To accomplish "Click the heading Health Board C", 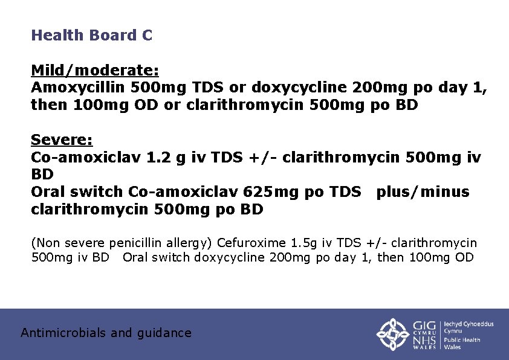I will tap(91, 35).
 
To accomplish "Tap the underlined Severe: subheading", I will tap(62, 141).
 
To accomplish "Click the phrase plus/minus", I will tap(423, 192).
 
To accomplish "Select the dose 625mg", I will tap(266, 192).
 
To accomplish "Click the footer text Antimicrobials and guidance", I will tap(106, 333).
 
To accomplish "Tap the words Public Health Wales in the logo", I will tap(462, 343).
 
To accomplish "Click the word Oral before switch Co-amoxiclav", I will tap(48, 192).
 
